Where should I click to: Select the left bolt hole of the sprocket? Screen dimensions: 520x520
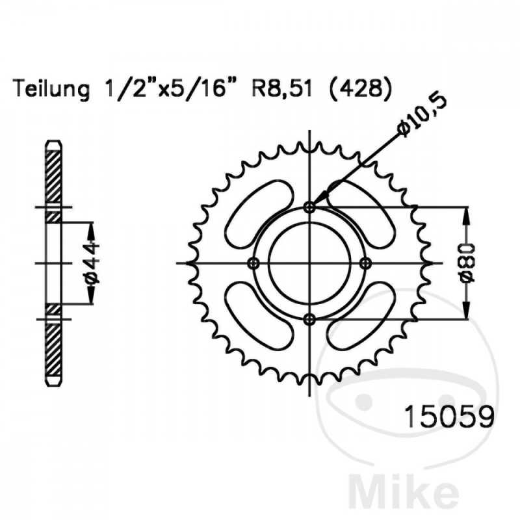point(254,263)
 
